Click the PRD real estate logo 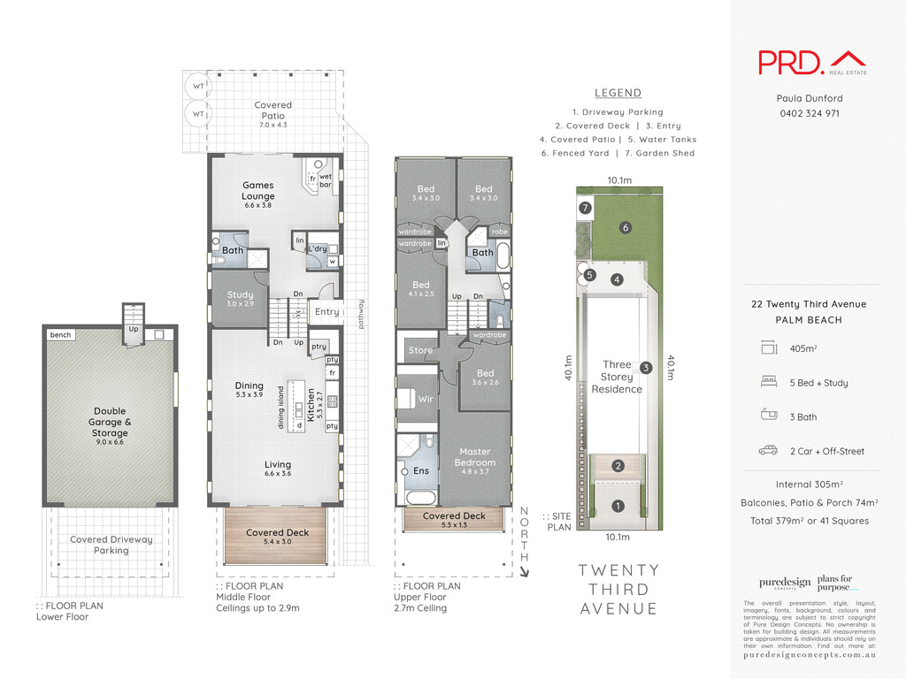(812, 62)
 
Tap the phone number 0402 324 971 (809, 113)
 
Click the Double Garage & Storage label (110, 422)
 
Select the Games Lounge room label (258, 191)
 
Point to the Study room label (240, 295)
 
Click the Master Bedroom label (474, 457)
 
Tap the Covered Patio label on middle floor (273, 111)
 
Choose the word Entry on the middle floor (326, 311)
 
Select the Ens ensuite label (421, 471)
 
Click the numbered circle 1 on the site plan (618, 507)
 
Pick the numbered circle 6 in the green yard (626, 227)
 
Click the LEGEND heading (618, 93)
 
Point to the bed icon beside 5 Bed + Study (768, 383)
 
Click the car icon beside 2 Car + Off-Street (768, 451)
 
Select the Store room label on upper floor (420, 350)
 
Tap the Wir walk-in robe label (426, 399)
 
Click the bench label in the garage (61, 335)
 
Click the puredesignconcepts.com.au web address (809, 654)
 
